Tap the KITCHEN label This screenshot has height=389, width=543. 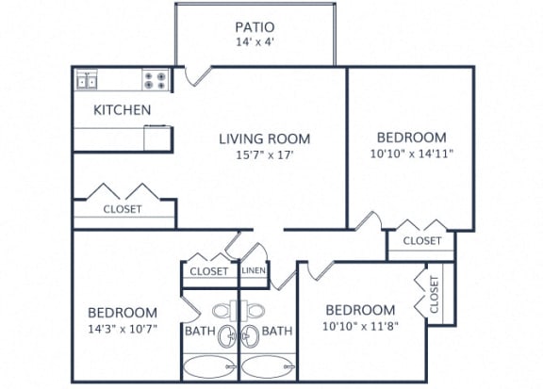(122, 110)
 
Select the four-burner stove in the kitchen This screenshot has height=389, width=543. (156, 81)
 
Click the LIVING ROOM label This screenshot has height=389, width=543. (264, 139)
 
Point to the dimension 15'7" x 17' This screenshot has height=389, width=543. (264, 155)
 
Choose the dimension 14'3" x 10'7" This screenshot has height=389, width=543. (123, 330)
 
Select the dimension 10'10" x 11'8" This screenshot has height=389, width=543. (359, 328)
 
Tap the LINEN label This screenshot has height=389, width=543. (254, 271)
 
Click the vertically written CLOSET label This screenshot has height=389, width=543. (435, 295)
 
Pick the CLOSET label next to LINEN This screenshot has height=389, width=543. (209, 271)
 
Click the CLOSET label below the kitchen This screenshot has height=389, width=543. (123, 209)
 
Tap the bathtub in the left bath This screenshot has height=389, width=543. (209, 366)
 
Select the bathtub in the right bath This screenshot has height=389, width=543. (268, 366)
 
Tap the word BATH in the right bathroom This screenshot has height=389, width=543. (276, 331)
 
